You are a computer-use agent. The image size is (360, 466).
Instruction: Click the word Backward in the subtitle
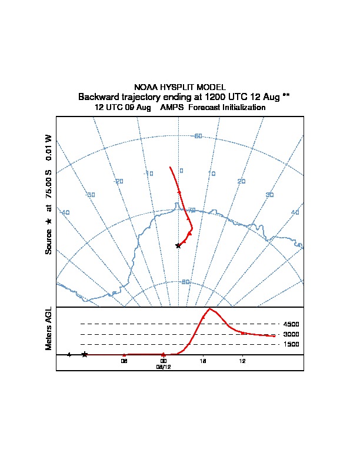tap(97, 96)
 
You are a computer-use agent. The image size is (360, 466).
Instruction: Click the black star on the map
tap(178, 245)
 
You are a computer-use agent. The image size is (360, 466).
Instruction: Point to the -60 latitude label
tap(198, 137)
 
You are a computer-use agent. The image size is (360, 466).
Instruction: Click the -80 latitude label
tap(185, 282)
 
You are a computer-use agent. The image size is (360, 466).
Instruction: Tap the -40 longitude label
tap(65, 212)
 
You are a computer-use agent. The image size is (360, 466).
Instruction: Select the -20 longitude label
tap(119, 181)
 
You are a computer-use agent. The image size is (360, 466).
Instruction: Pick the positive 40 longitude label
tap(295, 212)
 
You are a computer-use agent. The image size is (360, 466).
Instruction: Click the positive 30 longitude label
tap(270, 195)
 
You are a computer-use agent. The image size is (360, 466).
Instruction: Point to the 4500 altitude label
tap(291, 324)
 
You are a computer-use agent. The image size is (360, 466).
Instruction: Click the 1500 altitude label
tap(291, 344)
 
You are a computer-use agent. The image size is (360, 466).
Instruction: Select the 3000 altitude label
tap(291, 334)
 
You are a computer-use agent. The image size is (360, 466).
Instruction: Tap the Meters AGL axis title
tap(49, 328)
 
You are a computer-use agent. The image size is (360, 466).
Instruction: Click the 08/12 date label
tap(163, 367)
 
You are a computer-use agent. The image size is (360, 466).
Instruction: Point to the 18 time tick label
tap(203, 361)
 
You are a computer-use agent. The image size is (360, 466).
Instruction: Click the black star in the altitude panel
tap(85, 354)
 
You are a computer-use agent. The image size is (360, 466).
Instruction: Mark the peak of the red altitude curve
tap(209, 308)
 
